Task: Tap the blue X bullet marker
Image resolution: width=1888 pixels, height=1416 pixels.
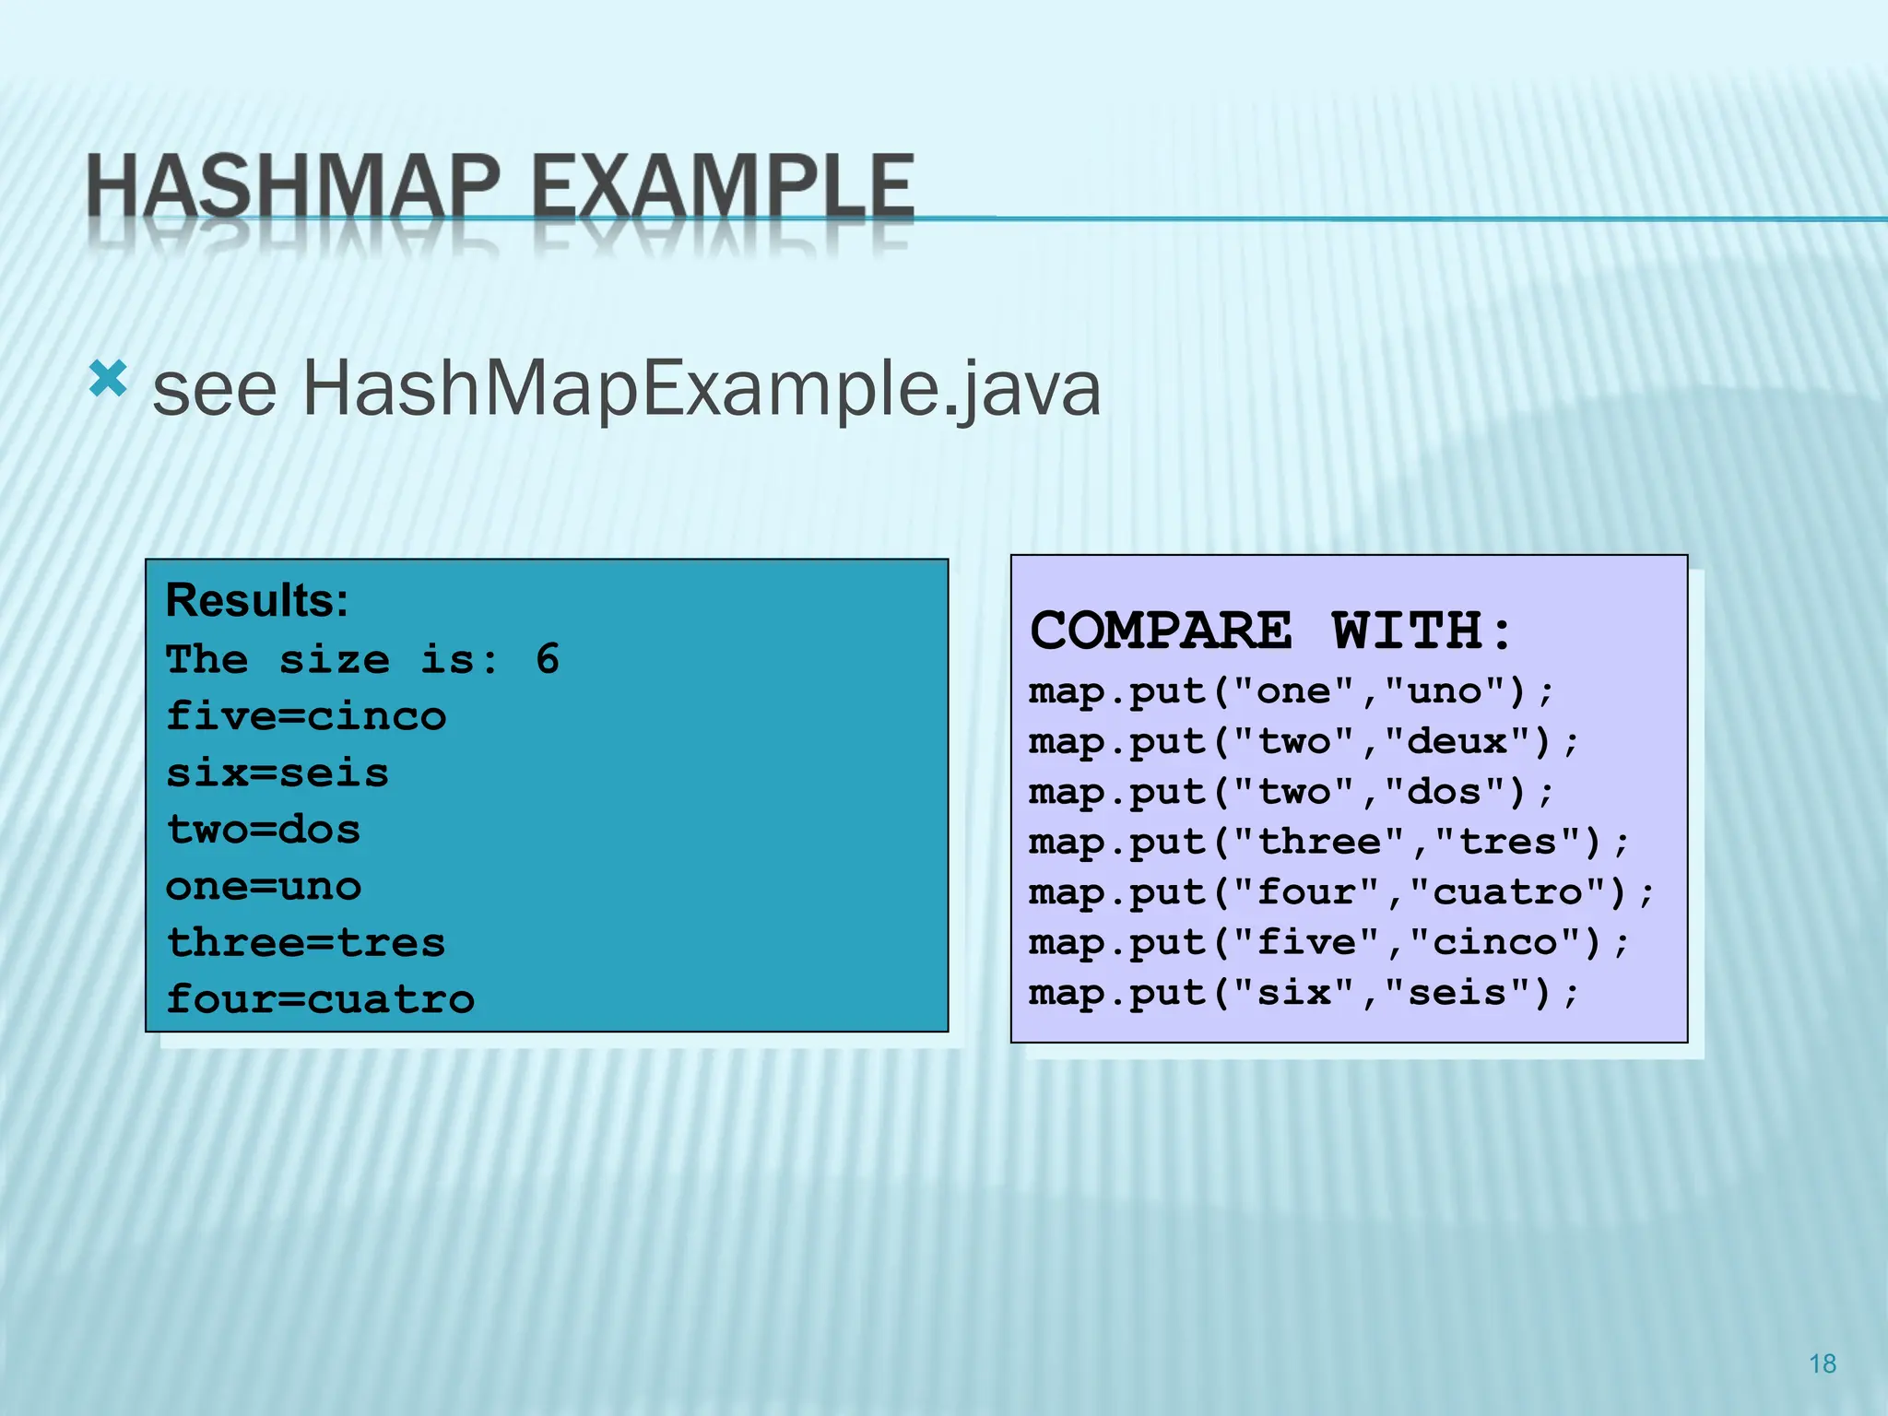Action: (x=108, y=379)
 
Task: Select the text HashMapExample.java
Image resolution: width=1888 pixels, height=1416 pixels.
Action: (x=702, y=390)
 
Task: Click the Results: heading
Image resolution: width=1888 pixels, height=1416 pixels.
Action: (x=257, y=600)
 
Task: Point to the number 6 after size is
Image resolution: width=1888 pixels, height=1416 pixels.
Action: (x=548, y=659)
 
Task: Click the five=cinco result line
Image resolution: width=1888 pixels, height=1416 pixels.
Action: (x=306, y=716)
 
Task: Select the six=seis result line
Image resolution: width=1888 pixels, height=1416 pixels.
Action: (x=277, y=773)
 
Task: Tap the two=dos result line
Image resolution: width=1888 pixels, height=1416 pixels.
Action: (x=264, y=830)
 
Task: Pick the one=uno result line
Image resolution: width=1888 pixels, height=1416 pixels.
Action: (x=264, y=886)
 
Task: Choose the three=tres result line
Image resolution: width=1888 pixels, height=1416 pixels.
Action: (x=306, y=943)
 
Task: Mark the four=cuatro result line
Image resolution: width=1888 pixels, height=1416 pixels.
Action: (x=321, y=999)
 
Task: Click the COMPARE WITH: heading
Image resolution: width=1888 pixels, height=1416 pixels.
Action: (x=1271, y=631)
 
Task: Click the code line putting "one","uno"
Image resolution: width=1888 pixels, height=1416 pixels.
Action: (x=1291, y=691)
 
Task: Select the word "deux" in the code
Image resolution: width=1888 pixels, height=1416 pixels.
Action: (x=1457, y=741)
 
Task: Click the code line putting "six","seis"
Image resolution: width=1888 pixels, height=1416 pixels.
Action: (x=1304, y=993)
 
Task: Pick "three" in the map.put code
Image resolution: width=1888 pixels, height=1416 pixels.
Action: (x=1318, y=842)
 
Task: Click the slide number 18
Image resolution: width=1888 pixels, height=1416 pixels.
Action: (x=1823, y=1364)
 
